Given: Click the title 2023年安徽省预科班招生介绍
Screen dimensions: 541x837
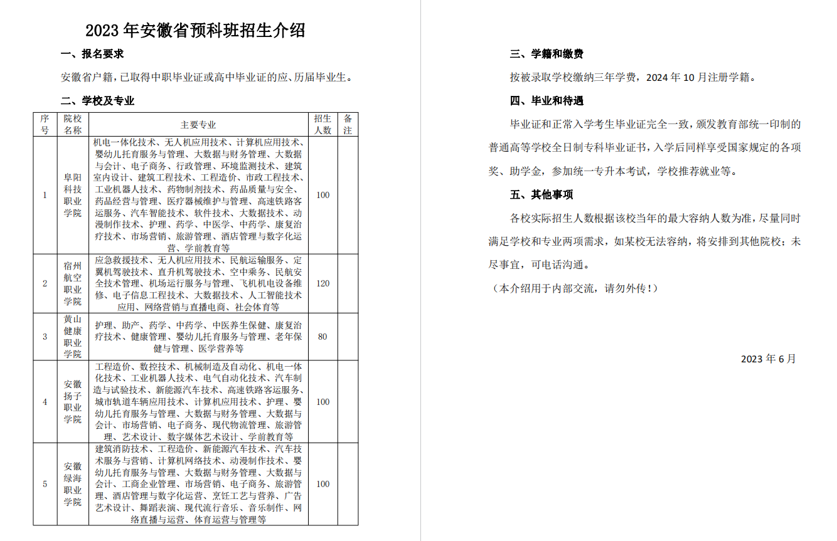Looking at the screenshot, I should point(195,30).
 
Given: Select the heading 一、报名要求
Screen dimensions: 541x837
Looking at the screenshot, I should point(92,54).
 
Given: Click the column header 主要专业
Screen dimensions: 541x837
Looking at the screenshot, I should point(198,125).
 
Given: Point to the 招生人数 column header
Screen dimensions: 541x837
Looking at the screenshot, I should point(323,125).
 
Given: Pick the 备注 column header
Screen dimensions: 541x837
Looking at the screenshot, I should point(348,125).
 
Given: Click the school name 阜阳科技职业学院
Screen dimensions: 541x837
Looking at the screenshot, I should point(73,195).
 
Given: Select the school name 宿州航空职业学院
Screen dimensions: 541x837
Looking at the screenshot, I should point(73,283).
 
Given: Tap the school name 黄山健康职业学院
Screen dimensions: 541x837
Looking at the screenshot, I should point(73,337).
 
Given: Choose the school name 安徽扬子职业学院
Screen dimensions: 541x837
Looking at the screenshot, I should point(73,402).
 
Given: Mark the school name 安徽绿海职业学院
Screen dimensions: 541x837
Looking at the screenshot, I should point(73,484).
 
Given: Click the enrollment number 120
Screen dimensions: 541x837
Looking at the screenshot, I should point(323,283).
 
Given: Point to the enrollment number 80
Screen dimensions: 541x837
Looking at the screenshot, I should point(323,337).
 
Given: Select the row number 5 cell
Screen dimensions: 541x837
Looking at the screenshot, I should point(45,484).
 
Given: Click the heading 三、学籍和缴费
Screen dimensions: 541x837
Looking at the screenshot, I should point(546,54).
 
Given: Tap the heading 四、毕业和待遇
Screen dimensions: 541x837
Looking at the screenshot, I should point(546,101).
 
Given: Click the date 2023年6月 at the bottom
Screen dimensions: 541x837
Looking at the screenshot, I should point(768,359).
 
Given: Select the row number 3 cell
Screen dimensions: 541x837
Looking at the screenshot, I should point(45,337).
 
